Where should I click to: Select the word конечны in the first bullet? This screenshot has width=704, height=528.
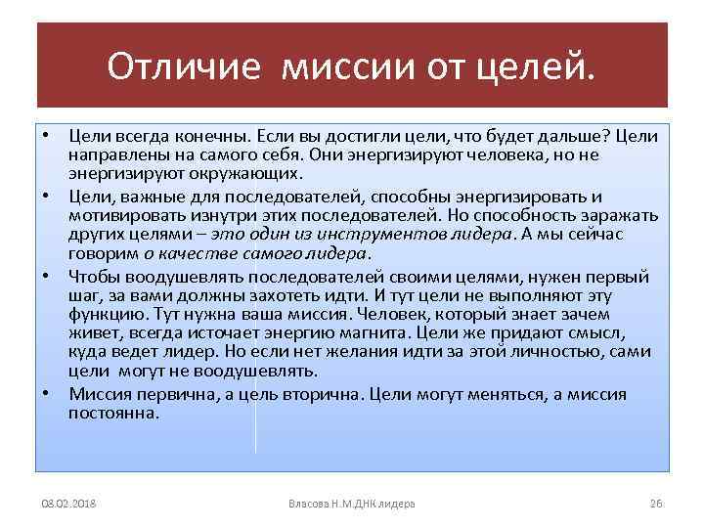(212, 134)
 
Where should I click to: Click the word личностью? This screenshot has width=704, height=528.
(539, 353)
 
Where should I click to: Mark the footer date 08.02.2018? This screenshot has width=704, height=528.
(68, 504)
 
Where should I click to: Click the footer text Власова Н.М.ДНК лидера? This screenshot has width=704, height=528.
(352, 504)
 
